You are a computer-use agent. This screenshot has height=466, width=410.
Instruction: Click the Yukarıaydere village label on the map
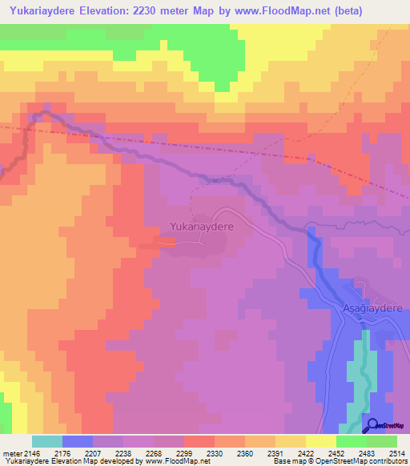[201, 227]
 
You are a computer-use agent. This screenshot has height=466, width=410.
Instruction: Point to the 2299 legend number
[184, 452]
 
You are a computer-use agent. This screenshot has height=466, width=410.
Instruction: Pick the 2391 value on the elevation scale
[275, 452]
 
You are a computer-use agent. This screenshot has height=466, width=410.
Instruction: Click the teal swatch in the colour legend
[46, 441]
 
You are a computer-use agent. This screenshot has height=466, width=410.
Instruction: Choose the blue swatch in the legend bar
[77, 441]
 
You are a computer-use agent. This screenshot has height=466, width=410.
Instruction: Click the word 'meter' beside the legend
[12, 452]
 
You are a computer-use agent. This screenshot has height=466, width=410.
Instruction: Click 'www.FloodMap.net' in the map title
[266, 11]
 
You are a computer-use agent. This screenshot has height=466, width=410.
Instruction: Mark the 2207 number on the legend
[94, 452]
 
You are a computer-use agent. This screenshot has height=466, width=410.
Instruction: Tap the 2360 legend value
[244, 452]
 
